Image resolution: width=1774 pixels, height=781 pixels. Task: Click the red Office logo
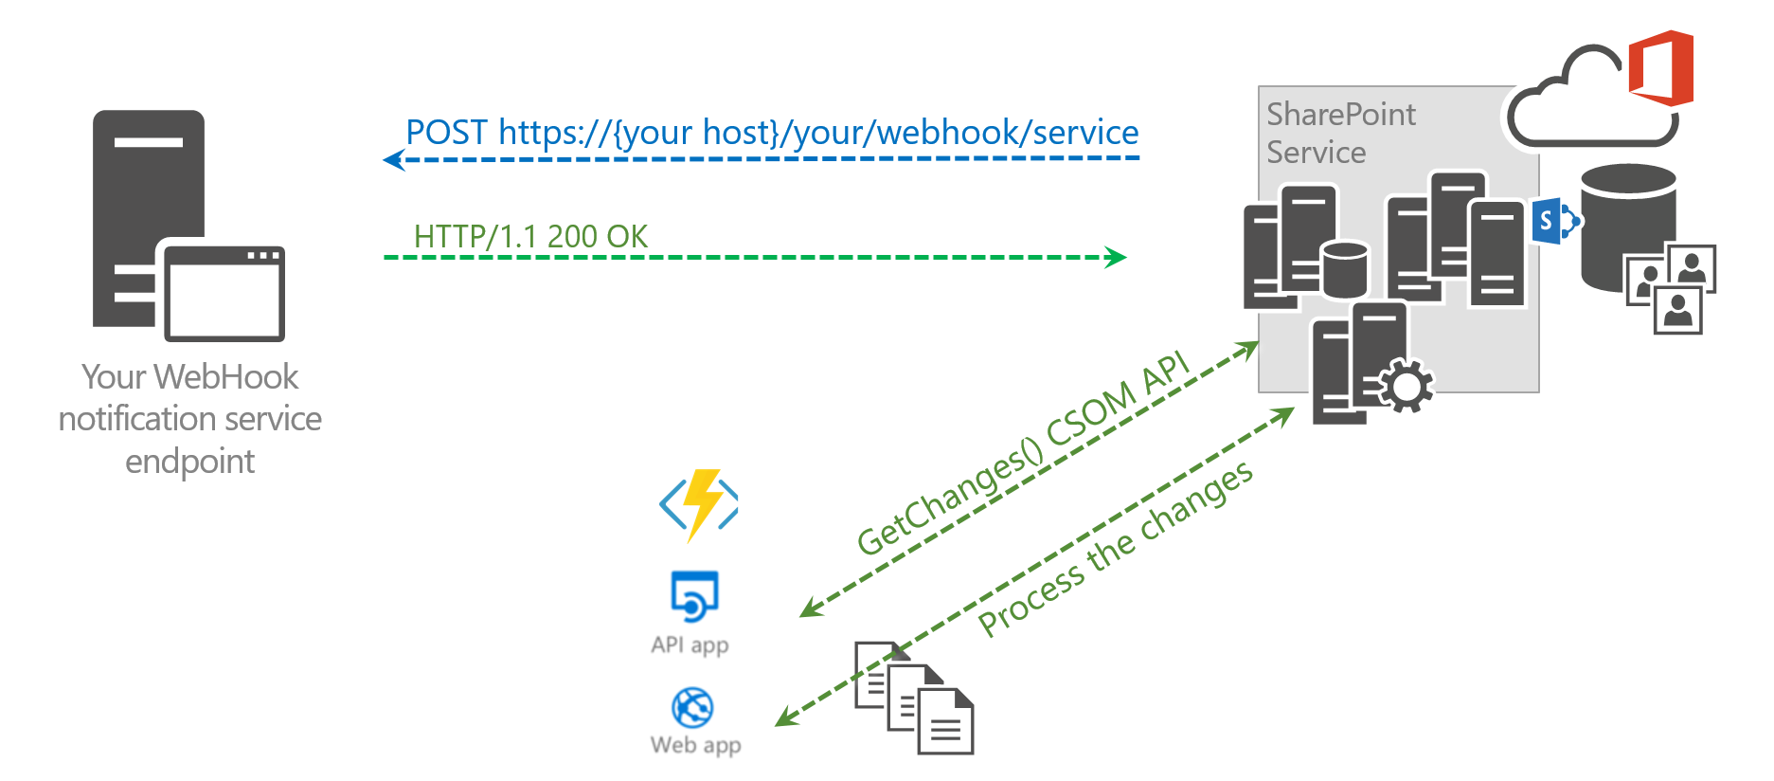point(1661,67)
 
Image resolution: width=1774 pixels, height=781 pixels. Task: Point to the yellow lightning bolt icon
point(701,502)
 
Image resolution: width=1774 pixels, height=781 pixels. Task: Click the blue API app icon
point(694,595)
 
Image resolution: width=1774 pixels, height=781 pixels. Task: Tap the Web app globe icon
point(692,707)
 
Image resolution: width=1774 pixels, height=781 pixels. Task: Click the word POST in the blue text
point(446,133)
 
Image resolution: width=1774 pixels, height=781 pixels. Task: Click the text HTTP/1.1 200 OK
point(530,236)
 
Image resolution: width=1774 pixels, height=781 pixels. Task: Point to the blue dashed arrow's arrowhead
point(392,159)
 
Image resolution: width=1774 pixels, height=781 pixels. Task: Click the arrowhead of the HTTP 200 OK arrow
point(1117,257)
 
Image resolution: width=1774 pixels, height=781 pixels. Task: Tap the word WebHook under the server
point(225,377)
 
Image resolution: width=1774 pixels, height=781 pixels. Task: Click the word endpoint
point(189,462)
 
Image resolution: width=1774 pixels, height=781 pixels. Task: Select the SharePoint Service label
point(1339,133)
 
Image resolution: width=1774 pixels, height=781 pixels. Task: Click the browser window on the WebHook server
point(224,294)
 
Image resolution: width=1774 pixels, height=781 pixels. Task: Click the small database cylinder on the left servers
point(1344,269)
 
